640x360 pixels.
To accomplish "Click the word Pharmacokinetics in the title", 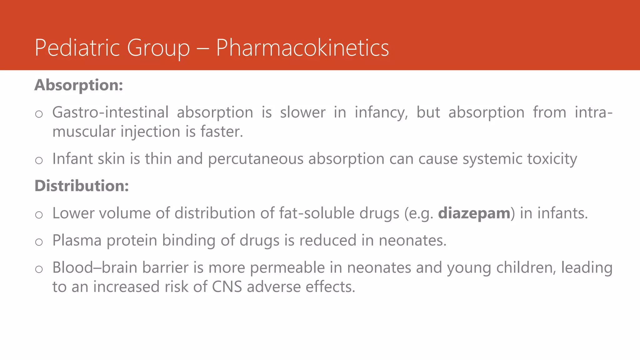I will [x=302, y=48].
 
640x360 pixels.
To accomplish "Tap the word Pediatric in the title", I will [x=77, y=48].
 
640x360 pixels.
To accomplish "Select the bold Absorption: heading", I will [x=79, y=85].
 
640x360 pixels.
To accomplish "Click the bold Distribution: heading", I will [x=82, y=186].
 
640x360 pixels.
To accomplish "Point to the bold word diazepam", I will [x=474, y=213].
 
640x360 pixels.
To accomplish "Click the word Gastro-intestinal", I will [x=110, y=112].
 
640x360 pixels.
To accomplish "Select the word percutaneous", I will [x=256, y=159].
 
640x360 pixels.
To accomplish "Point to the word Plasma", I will [x=77, y=241].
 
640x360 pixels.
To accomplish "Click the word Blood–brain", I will [x=95, y=268].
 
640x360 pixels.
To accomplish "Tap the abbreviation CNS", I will [x=227, y=287].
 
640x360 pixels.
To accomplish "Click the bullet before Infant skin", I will [x=39, y=161].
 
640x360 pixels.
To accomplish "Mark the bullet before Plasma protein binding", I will [x=39, y=242].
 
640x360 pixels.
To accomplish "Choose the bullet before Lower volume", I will [x=39, y=215].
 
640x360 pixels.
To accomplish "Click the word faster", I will [x=222, y=132].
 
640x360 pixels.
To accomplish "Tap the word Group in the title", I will [x=158, y=48].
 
